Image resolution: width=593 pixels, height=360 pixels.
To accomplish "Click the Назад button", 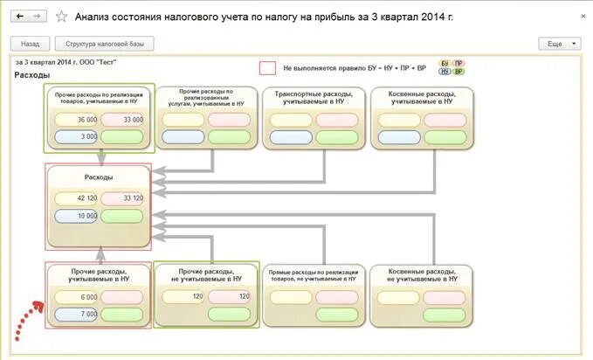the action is click(30, 43).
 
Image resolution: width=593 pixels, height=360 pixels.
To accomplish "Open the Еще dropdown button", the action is click(560, 43).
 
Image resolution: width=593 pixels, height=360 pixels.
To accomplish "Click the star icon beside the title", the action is click(61, 17).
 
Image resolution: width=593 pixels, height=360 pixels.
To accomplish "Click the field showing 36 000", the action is click(77, 120).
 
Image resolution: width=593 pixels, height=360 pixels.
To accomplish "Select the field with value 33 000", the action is click(123, 120).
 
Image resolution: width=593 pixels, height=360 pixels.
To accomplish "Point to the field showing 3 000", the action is click(77, 136).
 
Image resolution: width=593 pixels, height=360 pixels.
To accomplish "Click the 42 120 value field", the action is click(77, 198).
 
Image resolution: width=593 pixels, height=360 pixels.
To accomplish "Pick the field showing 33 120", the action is click(123, 198).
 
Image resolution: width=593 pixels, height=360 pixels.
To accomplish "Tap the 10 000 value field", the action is click(77, 215).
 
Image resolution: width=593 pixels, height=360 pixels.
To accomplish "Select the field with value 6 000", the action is click(77, 297).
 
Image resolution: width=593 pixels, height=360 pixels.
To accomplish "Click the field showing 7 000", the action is click(77, 314).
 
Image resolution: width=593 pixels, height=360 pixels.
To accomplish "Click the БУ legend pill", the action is click(444, 64).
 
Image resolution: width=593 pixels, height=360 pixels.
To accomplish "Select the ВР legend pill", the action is click(459, 72).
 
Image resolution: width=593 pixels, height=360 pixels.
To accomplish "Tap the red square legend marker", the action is click(268, 68).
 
